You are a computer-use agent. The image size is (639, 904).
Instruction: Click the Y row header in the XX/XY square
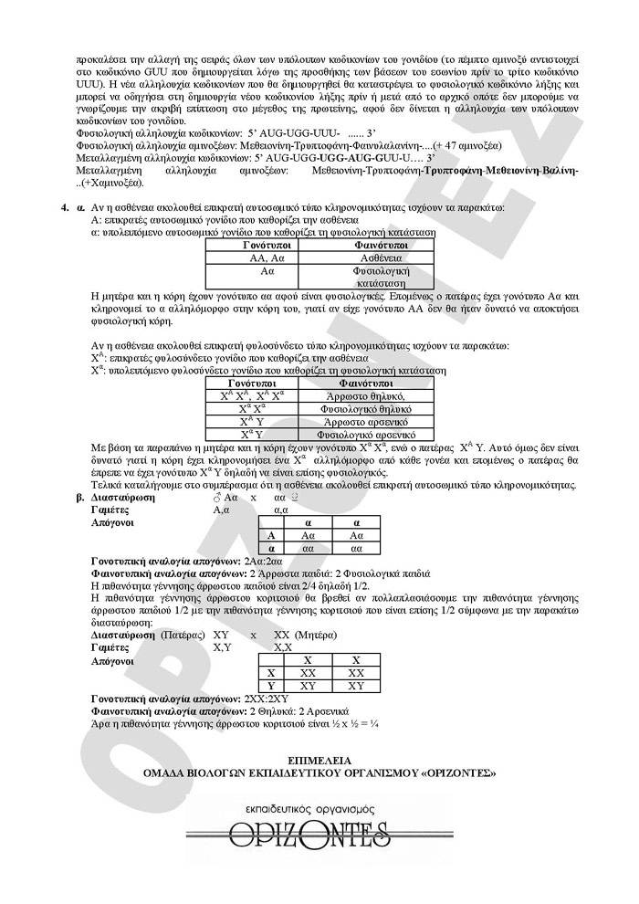[x=270, y=685]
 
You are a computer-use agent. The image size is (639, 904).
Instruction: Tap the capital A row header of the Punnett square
[x=270, y=536]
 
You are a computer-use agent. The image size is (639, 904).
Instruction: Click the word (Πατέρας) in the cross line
[x=183, y=634]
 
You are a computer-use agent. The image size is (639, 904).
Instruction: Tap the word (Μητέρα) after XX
[x=316, y=634]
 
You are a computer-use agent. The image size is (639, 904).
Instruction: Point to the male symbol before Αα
[x=216, y=499]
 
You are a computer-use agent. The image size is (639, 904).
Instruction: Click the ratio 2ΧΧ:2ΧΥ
[x=265, y=698]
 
